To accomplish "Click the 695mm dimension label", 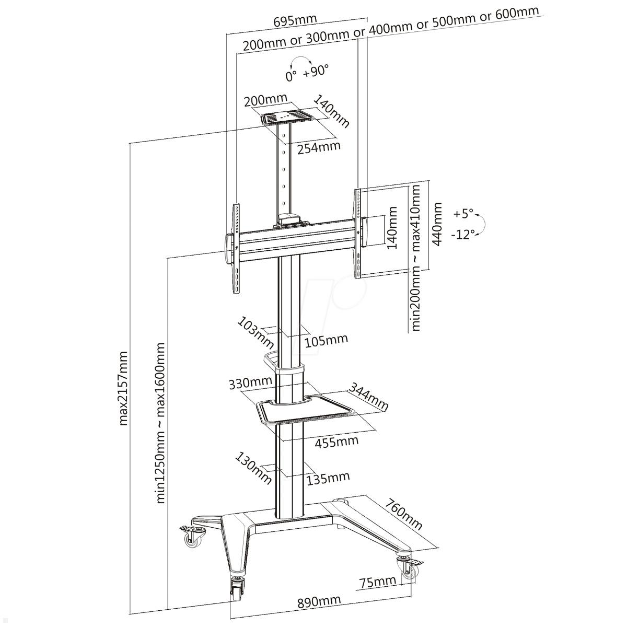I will (295, 20).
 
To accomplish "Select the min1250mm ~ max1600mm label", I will (161, 422).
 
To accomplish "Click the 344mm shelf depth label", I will (369, 396).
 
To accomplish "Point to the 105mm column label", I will (326, 340).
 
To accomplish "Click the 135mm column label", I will (328, 478).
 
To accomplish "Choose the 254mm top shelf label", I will (319, 148).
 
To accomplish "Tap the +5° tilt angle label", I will (463, 214).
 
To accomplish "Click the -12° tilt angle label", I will (463, 235).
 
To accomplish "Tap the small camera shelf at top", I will (286, 118).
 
